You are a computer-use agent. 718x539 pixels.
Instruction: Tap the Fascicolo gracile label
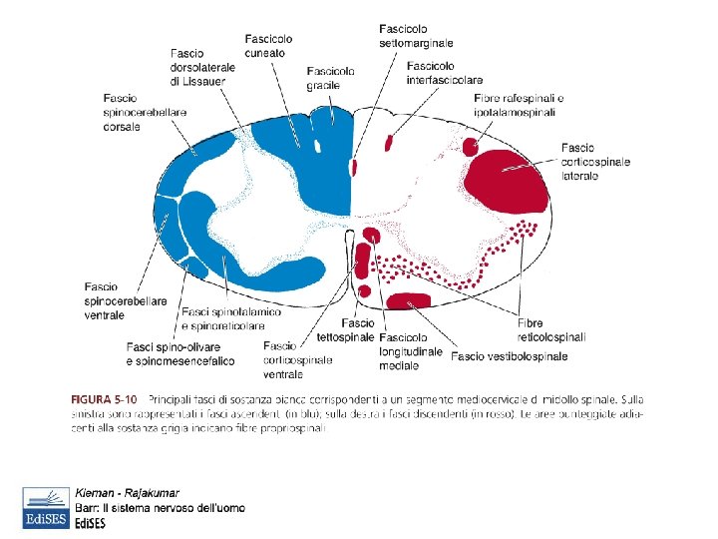click(x=330, y=78)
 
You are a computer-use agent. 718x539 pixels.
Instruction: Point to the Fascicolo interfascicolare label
click(x=445, y=72)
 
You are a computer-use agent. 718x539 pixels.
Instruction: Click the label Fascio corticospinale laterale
click(x=596, y=161)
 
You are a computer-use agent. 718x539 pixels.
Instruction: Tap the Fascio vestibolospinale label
click(x=510, y=356)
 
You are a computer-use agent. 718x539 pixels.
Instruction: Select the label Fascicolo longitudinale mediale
click(x=410, y=350)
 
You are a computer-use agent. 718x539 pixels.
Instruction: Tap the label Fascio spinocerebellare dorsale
click(x=145, y=112)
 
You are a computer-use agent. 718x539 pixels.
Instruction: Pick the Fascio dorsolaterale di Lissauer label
click(x=202, y=67)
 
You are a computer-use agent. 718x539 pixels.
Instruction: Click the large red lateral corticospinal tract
click(x=510, y=179)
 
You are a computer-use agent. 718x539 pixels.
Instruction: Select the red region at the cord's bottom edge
click(x=408, y=301)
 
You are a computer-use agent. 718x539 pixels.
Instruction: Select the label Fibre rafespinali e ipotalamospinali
click(x=519, y=104)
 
